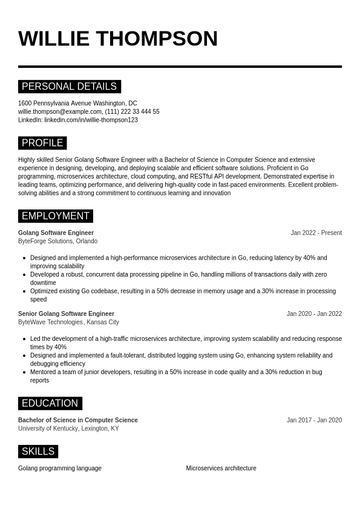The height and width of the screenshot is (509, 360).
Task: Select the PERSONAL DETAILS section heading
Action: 69,87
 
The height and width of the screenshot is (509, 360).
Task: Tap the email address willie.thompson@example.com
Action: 60,112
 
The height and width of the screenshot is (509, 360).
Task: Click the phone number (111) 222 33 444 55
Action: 133,112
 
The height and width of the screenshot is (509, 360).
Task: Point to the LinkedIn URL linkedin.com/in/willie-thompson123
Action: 91,120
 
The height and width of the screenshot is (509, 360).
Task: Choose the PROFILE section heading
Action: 42,143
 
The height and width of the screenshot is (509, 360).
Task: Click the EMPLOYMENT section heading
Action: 56,216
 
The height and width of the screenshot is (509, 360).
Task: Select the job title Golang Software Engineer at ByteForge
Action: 56,233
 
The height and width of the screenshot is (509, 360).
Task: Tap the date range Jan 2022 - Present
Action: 316,233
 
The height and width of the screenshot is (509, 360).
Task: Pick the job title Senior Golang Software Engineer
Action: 66,314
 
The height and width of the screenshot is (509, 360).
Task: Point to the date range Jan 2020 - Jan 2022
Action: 314,314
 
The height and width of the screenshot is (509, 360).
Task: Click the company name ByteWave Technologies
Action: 50,323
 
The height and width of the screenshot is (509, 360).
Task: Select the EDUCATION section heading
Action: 50,404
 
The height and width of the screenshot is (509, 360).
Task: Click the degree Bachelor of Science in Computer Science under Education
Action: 78,421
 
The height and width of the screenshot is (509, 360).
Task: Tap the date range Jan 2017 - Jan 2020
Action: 314,421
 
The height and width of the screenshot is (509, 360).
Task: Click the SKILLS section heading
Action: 38,452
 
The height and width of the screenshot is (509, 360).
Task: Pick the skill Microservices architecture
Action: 221,468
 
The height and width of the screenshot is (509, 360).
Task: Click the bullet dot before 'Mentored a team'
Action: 24,372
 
